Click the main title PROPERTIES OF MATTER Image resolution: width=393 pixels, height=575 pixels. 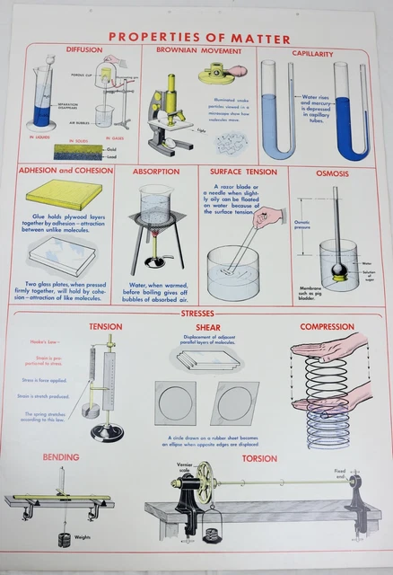click(199, 39)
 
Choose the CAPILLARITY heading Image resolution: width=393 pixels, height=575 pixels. click(312, 53)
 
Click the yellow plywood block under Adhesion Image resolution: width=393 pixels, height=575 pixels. click(62, 193)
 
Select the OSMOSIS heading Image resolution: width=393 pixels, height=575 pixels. click(332, 172)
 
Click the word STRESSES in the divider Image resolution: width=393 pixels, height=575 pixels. click(196, 314)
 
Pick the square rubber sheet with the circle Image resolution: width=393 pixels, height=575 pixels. click(174, 402)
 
